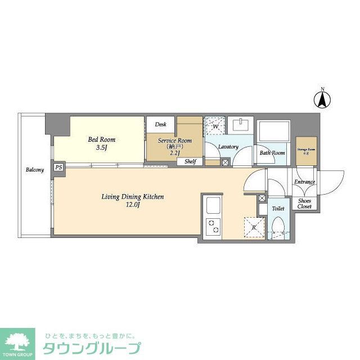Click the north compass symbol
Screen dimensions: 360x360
(322, 100)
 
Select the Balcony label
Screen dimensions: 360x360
(34, 169)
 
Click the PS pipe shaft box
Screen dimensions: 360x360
(58, 167)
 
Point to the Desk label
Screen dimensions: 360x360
(161, 124)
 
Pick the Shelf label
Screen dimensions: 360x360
(190, 162)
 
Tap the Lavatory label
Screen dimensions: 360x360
(228, 147)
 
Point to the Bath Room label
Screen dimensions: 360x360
(272, 152)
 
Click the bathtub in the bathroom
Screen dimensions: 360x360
(273, 133)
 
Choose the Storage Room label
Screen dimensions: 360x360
(307, 151)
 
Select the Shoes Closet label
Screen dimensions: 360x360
(305, 203)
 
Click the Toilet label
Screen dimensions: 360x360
(278, 208)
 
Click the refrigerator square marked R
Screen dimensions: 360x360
(254, 228)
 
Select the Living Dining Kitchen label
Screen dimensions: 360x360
(133, 201)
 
